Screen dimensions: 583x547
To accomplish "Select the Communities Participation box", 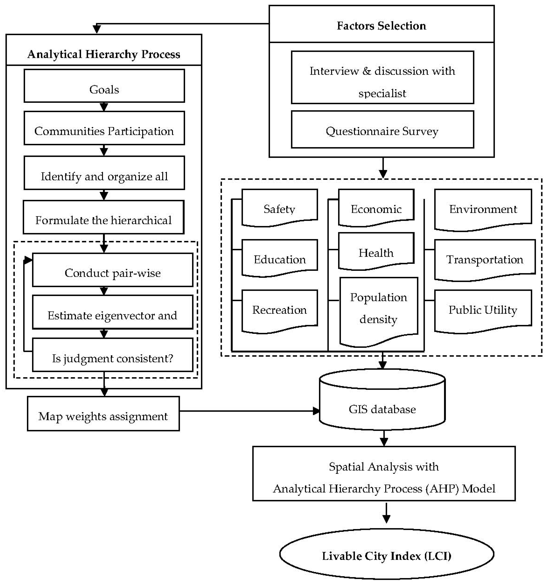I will [104, 128].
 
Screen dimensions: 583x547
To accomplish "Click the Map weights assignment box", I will [103, 414].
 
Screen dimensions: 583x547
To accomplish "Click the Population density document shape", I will [378, 309].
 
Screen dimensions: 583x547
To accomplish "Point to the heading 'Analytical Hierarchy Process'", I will [104, 54].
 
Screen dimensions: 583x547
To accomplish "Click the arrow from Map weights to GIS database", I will [249, 411].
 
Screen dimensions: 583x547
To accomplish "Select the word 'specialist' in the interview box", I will [382, 93].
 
